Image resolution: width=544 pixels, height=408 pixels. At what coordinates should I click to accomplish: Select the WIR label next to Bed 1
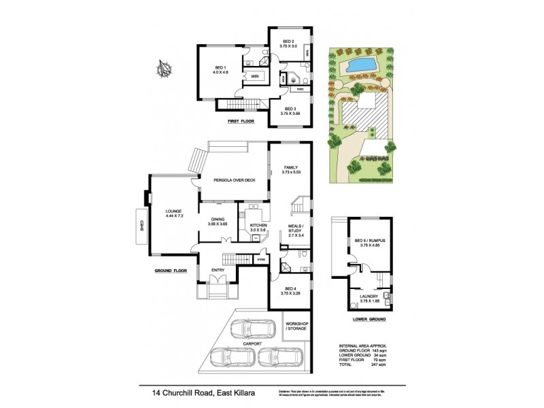point(254,77)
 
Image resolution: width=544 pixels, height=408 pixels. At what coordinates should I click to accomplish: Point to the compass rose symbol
point(163,69)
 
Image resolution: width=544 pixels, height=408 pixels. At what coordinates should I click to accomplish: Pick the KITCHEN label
point(257,227)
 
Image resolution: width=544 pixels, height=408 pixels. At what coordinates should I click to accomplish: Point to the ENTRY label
point(218,270)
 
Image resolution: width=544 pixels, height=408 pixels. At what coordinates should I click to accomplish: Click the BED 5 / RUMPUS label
point(368,243)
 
